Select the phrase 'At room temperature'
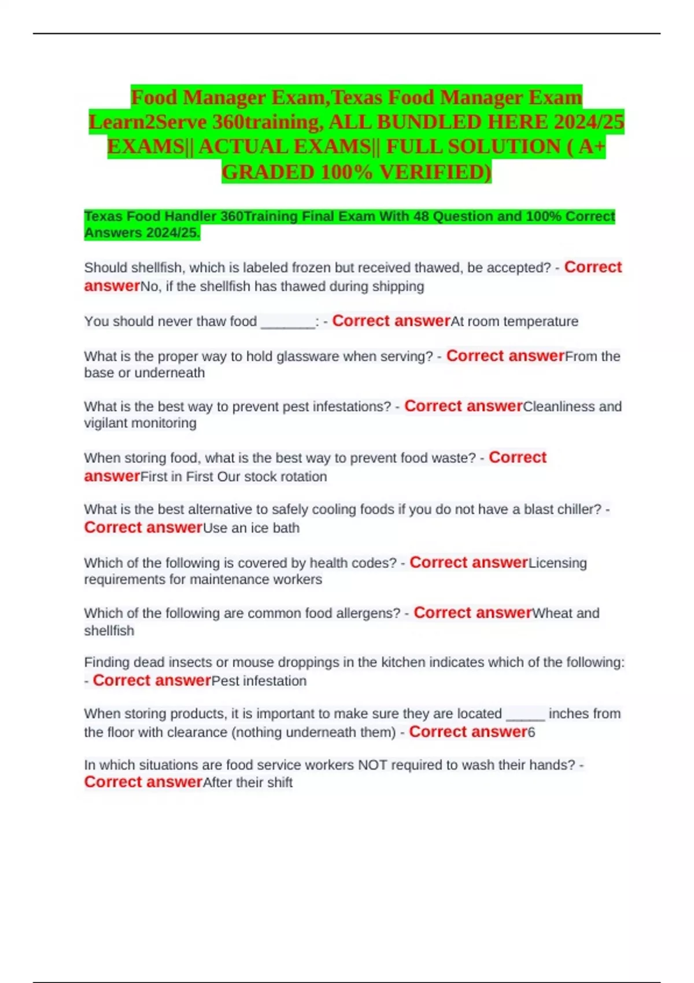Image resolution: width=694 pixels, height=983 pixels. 514,321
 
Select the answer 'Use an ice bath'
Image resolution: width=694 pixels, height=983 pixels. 251,528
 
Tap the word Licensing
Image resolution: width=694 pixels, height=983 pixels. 558,563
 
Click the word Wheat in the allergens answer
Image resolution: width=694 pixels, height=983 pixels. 552,614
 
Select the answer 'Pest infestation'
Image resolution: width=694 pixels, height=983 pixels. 259,681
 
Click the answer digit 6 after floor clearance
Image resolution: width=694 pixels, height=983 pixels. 531,733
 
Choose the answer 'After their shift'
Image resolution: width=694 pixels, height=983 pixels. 248,783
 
